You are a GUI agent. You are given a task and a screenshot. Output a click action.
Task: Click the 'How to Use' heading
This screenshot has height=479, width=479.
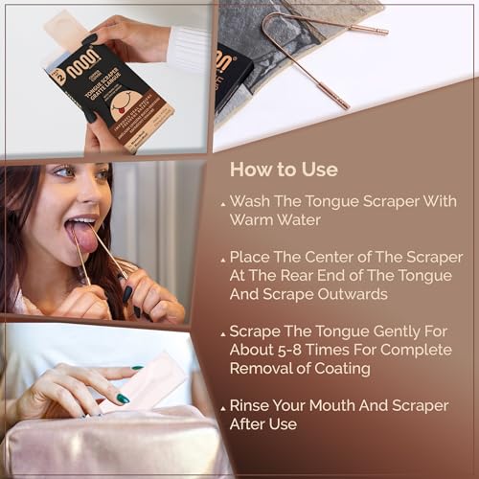[284, 170]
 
